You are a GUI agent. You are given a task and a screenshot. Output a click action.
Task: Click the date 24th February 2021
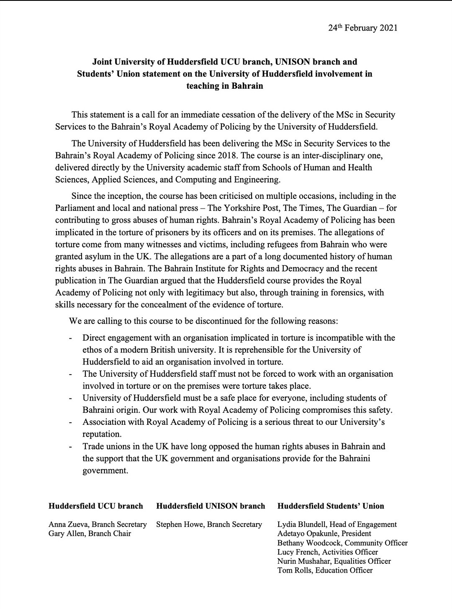[x=362, y=28]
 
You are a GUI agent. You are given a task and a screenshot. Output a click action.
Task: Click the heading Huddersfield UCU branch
[x=96, y=506]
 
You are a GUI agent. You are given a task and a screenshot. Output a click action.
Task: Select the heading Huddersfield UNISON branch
[x=211, y=506]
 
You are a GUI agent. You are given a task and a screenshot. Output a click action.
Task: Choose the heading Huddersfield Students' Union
[x=331, y=506]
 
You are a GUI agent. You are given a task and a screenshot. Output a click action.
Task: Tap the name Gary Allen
[x=66, y=534]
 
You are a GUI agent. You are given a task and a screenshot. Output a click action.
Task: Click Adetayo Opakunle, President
[x=324, y=534]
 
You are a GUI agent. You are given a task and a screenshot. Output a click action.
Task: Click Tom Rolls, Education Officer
[x=325, y=570]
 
